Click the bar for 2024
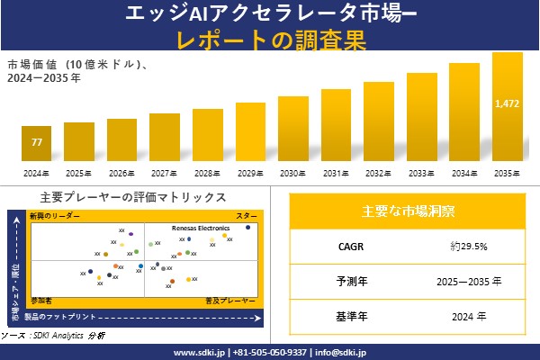coord(37,143)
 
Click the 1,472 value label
coord(507,104)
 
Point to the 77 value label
coord(37,143)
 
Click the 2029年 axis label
coord(250,173)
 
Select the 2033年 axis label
coord(421,173)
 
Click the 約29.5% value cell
coord(469,246)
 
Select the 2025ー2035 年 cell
coord(469,281)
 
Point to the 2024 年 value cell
coord(469,316)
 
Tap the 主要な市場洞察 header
coord(408,211)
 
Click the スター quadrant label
coord(247,217)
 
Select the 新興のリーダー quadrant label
coord(54,217)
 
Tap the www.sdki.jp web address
coord(200,352)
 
